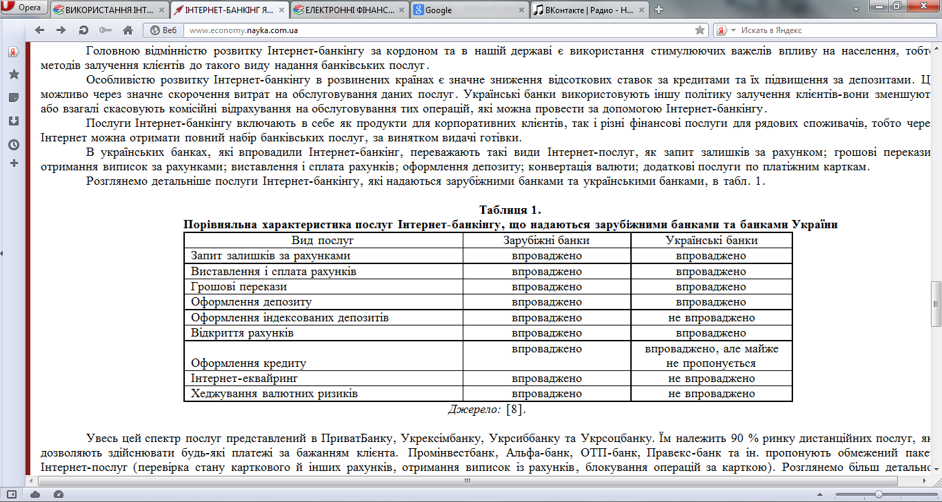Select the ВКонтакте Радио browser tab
(x=590, y=10)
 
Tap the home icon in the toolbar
(x=128, y=30)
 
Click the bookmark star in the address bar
(x=700, y=30)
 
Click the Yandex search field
(x=828, y=30)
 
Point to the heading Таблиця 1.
(x=510, y=210)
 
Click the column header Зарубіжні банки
(x=546, y=241)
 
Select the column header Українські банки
(x=712, y=241)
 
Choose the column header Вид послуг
(x=323, y=241)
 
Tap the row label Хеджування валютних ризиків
(x=274, y=394)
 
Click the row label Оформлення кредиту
(x=248, y=363)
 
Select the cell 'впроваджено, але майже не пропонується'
(x=712, y=356)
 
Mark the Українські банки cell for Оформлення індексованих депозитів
(x=712, y=318)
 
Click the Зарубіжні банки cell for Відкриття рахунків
(x=546, y=333)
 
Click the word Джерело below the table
(x=474, y=410)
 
